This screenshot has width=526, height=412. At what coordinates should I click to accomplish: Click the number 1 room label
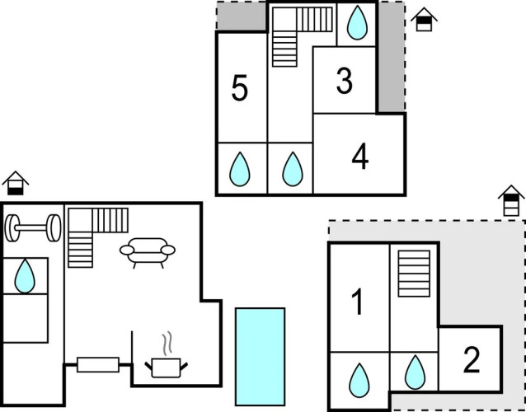(x=358, y=302)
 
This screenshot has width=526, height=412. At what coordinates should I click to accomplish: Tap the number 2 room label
(x=472, y=360)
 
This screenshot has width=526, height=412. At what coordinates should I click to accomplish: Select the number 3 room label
(x=345, y=81)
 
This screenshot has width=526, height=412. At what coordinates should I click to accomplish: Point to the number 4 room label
(x=360, y=157)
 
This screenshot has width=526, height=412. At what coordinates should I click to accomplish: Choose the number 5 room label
(x=240, y=88)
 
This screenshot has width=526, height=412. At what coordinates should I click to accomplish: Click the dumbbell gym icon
(x=33, y=228)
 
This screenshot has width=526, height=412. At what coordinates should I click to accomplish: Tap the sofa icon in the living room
(x=148, y=252)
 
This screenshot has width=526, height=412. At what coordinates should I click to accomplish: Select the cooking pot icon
(x=166, y=368)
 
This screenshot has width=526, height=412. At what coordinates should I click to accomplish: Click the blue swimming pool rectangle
(x=260, y=357)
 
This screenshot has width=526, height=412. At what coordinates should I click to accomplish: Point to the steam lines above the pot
(x=167, y=344)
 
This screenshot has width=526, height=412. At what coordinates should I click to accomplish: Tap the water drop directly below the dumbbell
(x=25, y=276)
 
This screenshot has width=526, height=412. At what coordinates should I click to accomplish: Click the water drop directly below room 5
(x=240, y=169)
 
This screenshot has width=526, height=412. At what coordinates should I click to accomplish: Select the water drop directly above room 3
(x=357, y=22)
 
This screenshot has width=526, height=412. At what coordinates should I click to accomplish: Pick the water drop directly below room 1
(x=359, y=380)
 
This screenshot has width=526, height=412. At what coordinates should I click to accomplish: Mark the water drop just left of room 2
(x=415, y=372)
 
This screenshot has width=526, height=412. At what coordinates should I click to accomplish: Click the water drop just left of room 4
(x=293, y=169)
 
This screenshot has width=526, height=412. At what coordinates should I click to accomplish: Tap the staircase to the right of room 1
(x=414, y=274)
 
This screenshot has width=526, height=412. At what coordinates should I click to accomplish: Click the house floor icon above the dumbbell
(x=16, y=183)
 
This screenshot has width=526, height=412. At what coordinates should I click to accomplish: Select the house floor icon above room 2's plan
(x=511, y=200)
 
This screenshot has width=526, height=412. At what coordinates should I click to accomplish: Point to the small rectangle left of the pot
(x=98, y=365)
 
